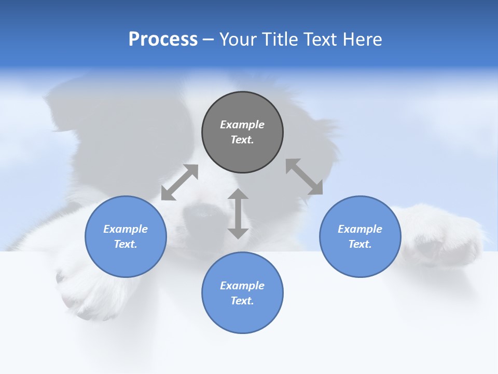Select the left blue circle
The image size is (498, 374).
[126, 236]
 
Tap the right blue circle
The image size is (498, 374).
[360, 236]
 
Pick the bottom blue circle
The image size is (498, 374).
[242, 293]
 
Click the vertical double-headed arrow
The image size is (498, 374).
[238, 213]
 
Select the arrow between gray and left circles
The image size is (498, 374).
[179, 182]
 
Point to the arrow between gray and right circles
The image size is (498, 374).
[305, 177]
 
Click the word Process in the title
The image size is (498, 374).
[163, 39]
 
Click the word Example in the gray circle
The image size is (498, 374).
[242, 125]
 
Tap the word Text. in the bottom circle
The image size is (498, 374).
[242, 301]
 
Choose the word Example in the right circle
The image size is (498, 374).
[360, 229]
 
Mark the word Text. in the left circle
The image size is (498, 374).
[126, 244]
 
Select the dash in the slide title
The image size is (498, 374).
[209, 39]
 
